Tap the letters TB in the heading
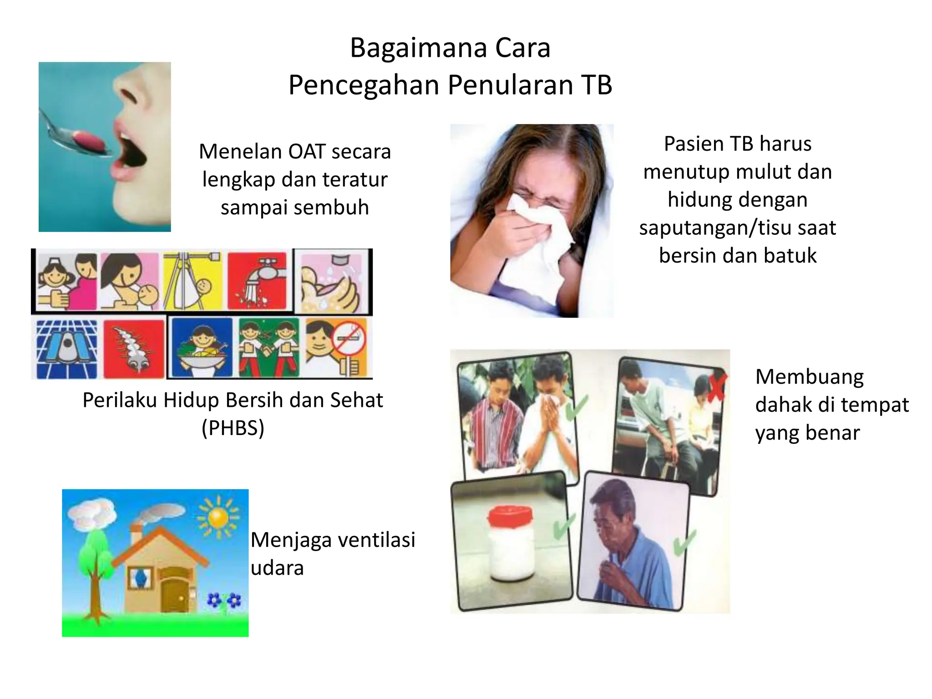[596, 85]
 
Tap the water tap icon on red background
[258, 280]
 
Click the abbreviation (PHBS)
[233, 428]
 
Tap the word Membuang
[809, 377]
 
